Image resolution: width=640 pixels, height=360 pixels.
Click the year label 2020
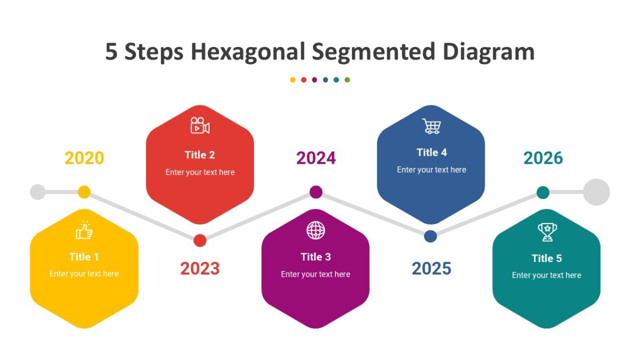coord(84,158)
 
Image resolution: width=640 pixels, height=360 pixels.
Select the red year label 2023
coord(200,268)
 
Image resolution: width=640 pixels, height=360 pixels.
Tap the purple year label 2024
coord(316,158)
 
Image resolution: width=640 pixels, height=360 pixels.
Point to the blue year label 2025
coord(431,268)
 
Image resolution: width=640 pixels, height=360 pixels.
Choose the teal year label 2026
coord(543,158)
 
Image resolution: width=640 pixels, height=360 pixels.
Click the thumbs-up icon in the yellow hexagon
coord(84,230)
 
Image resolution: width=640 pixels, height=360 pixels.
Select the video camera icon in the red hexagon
coord(200,126)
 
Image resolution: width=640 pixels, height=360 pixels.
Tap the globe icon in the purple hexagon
coord(316,230)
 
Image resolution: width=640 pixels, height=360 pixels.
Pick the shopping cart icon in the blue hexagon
coord(431,126)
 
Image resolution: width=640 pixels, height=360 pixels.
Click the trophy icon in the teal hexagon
coord(547,231)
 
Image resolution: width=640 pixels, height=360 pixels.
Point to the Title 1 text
coord(84,257)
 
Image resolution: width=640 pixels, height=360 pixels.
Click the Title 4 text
coord(431,153)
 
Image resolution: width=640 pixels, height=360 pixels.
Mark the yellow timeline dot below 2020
coord(84,192)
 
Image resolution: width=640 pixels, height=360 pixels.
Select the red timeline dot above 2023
coord(200,241)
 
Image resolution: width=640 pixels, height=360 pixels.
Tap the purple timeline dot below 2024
coord(316,192)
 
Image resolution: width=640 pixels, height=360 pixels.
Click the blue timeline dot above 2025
coord(430,236)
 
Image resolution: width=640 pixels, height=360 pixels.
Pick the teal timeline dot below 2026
coord(543,193)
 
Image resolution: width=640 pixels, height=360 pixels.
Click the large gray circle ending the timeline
coord(596,192)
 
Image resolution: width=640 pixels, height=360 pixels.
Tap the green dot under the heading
coord(347,80)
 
